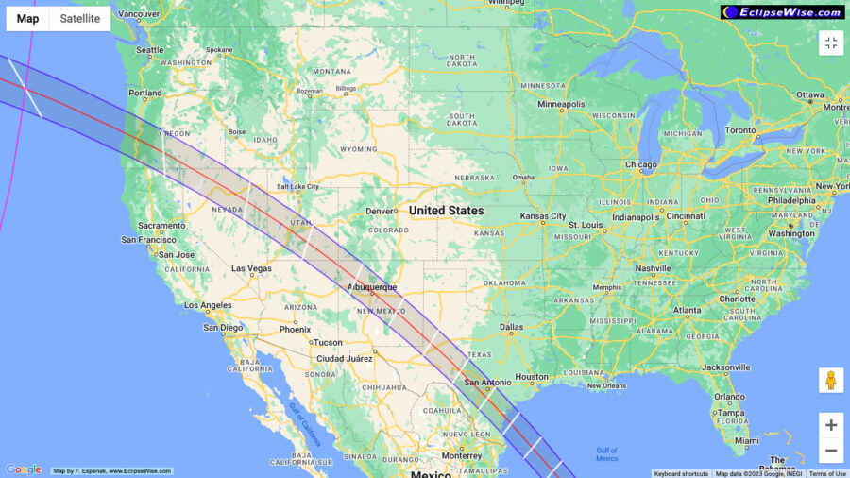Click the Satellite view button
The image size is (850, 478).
(x=79, y=19)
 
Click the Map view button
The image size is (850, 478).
(x=28, y=19)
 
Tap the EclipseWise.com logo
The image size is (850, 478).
(x=783, y=12)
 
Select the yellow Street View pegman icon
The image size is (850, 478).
(x=831, y=381)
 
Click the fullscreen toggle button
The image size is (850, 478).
(x=831, y=43)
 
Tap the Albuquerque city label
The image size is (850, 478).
(x=372, y=287)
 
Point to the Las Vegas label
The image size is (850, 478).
(x=252, y=269)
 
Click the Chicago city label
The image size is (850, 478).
(x=640, y=165)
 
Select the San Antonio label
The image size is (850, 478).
(x=487, y=383)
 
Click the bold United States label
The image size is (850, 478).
(x=446, y=211)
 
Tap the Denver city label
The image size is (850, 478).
(x=381, y=211)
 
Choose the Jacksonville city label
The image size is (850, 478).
(x=725, y=367)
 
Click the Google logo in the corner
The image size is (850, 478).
(x=24, y=469)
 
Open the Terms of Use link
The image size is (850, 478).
(x=827, y=473)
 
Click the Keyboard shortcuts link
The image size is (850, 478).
(x=681, y=473)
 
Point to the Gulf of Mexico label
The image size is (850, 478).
(x=606, y=454)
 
